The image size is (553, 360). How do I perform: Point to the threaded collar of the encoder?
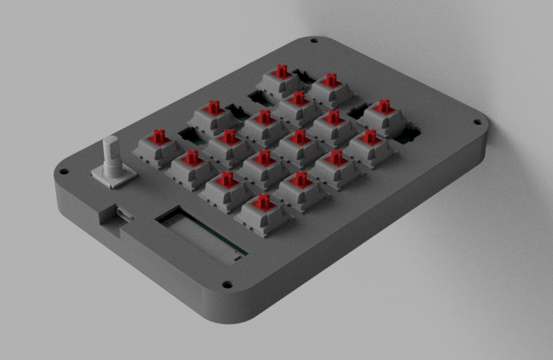pyautogui.click(x=111, y=167)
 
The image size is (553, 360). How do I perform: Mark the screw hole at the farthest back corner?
pyautogui.click(x=314, y=41)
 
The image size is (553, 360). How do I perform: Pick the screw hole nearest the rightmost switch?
pyautogui.click(x=477, y=123)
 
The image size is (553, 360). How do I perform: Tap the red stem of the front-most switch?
pyautogui.click(x=263, y=202)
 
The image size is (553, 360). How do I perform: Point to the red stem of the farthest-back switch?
pyautogui.click(x=281, y=72)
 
